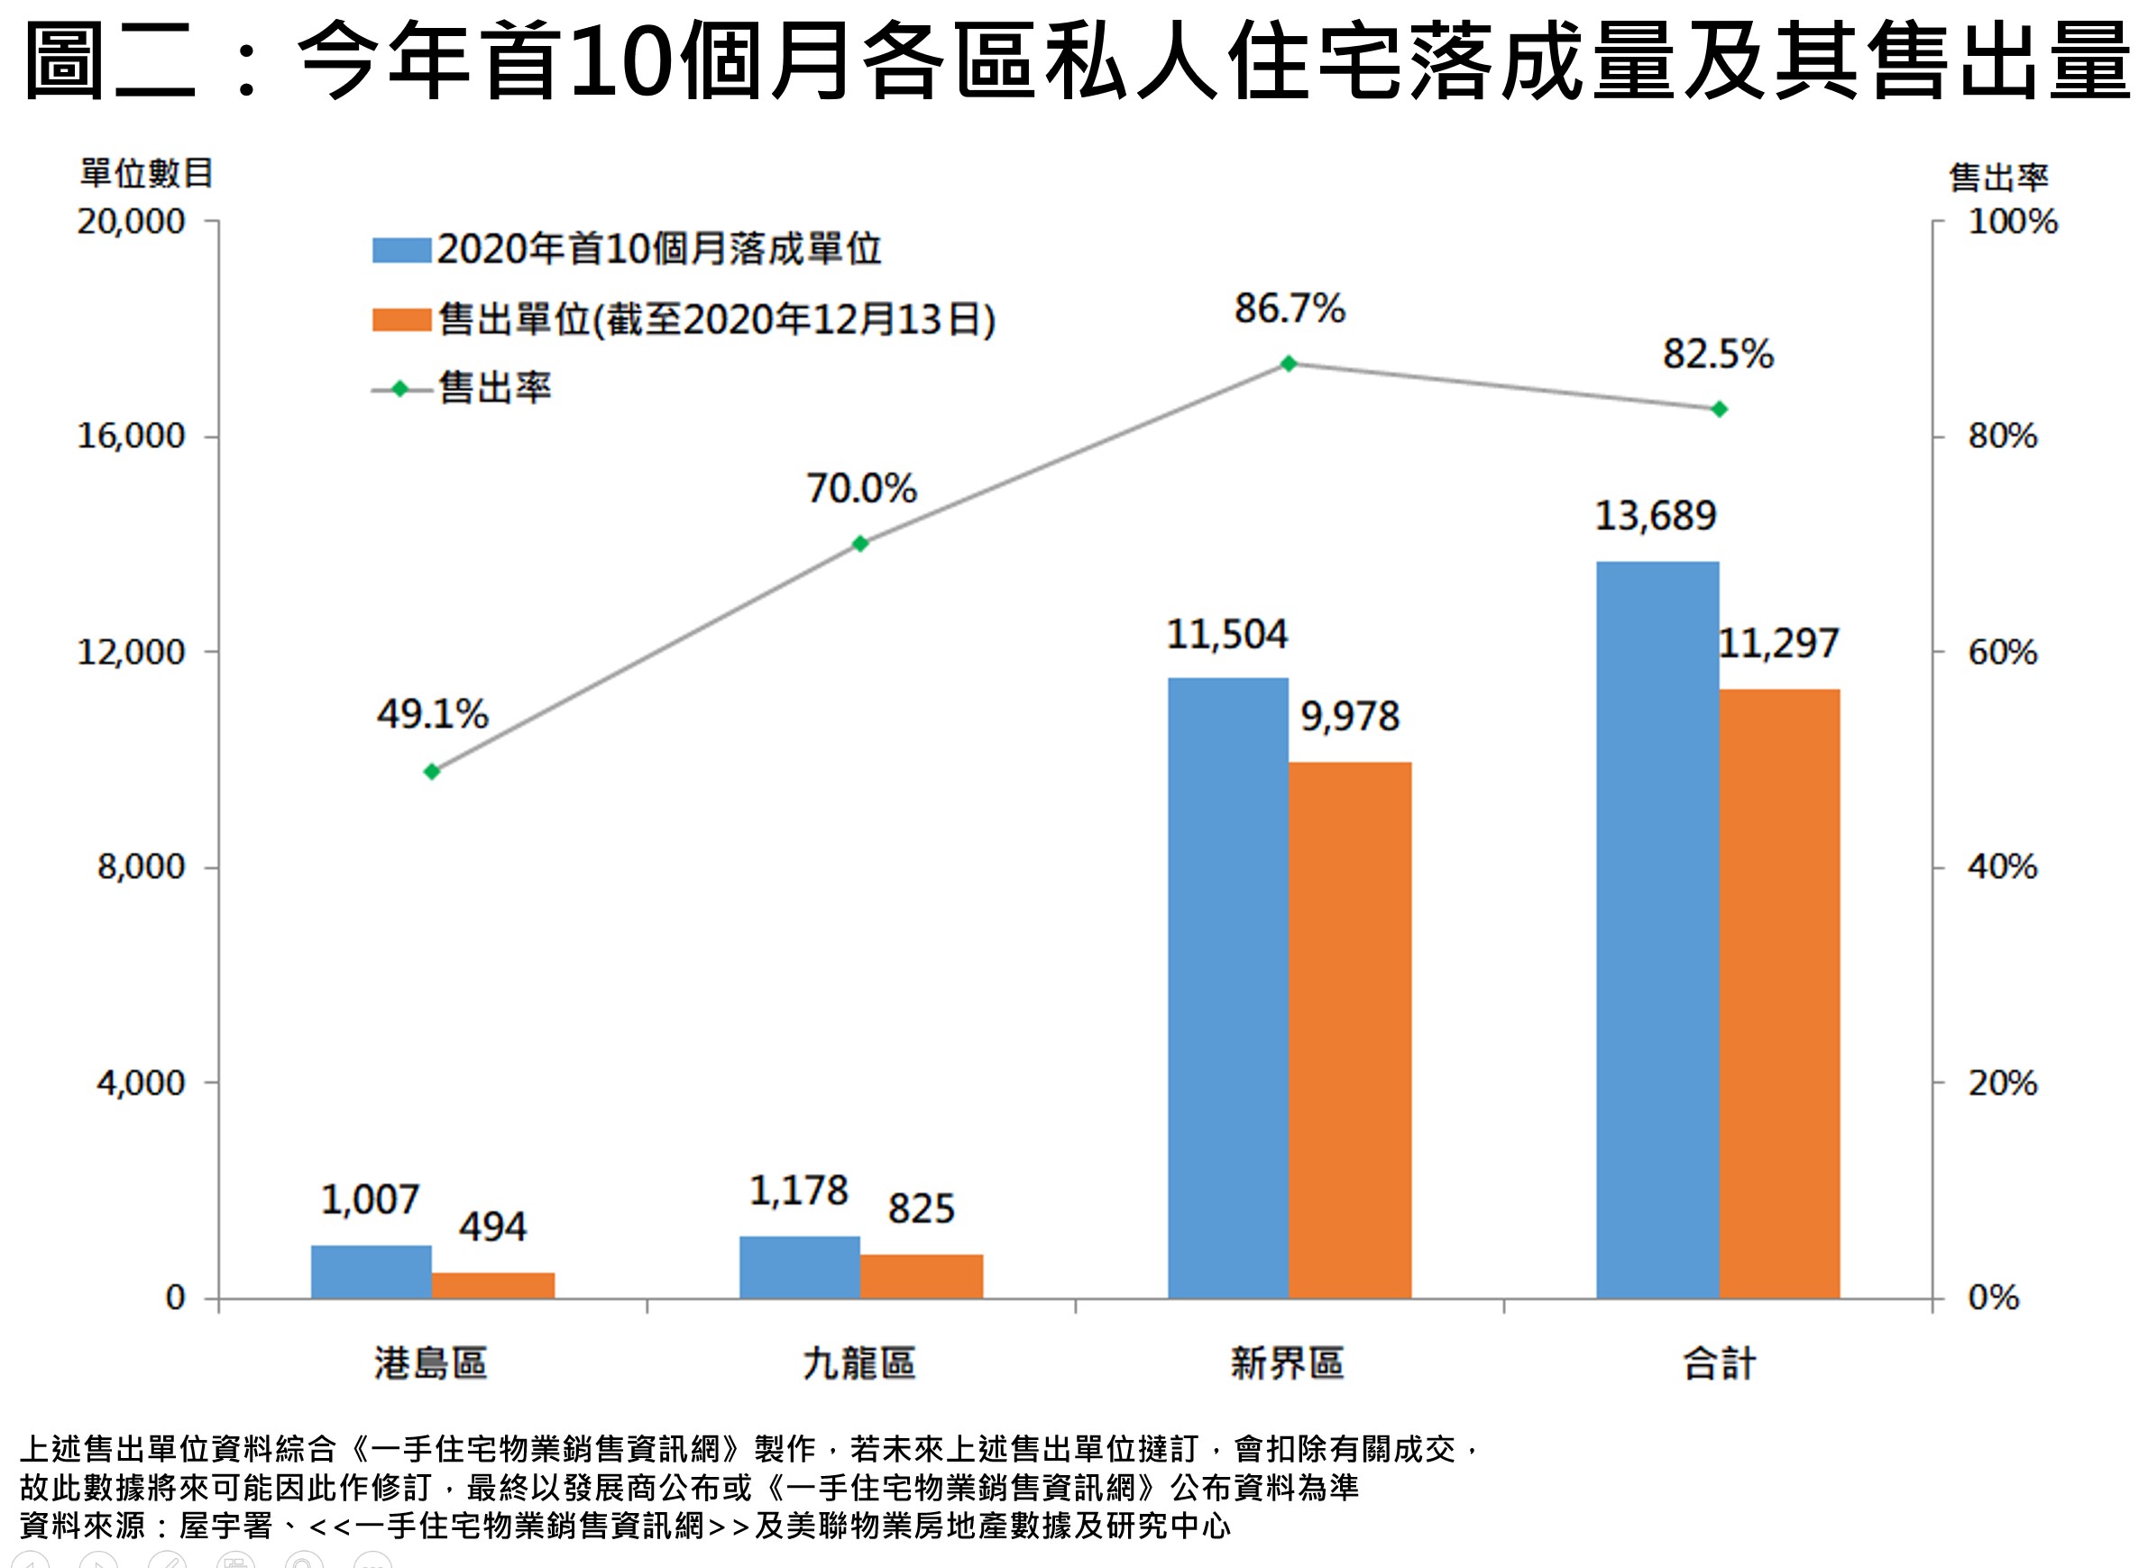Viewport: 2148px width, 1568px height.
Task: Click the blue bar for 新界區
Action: [x=1227, y=987]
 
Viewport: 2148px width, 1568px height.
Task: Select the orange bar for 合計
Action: [x=1779, y=993]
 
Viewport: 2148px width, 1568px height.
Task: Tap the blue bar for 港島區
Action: [x=372, y=1271]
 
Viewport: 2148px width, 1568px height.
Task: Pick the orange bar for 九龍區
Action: [x=921, y=1276]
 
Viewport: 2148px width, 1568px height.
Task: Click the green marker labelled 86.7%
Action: [x=1288, y=363]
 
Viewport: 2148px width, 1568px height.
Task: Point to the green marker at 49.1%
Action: [x=432, y=772]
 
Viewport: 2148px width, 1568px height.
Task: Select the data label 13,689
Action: [x=1656, y=517]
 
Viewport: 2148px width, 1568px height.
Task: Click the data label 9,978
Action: [x=1349, y=717]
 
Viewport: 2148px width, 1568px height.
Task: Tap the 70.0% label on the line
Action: [x=861, y=489]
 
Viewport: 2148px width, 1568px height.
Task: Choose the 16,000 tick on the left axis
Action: [x=131, y=436]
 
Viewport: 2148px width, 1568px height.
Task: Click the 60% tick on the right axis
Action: [x=2002, y=652]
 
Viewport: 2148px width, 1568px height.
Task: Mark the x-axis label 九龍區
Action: [x=859, y=1364]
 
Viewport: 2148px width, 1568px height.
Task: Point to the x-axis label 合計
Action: [x=1719, y=1364]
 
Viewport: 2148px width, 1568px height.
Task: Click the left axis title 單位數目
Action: [x=146, y=174]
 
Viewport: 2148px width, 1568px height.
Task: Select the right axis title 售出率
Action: [x=1998, y=178]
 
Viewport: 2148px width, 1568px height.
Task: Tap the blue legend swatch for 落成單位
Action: [x=401, y=250]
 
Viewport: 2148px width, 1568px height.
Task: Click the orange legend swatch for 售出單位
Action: [x=401, y=320]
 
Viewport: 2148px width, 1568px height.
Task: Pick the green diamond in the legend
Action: [x=400, y=390]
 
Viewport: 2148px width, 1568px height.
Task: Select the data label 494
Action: [x=491, y=1227]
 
